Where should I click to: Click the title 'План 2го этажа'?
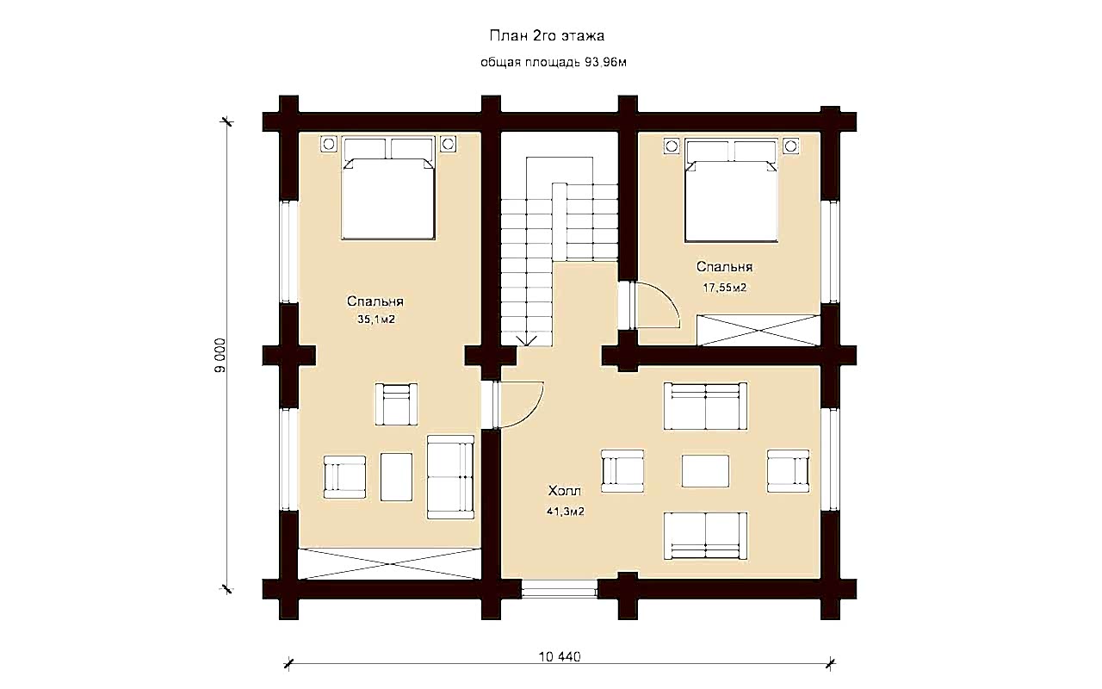[x=547, y=36]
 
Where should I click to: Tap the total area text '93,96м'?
[x=605, y=63]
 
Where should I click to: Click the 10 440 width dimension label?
[x=560, y=656]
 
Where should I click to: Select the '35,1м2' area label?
[x=376, y=320]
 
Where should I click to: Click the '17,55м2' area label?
[x=724, y=288]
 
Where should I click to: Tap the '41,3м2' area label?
[x=566, y=512]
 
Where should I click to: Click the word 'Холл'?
[x=565, y=491]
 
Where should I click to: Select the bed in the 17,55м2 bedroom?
[x=731, y=191]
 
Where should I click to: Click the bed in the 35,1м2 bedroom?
[x=388, y=189]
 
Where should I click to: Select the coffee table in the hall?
[x=705, y=471]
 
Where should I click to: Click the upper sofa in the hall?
[x=705, y=406]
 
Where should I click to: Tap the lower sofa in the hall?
[x=705, y=536]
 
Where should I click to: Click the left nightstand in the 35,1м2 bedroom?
[x=329, y=144]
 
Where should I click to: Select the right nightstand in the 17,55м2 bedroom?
[x=790, y=146]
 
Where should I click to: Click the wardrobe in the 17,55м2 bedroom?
[x=758, y=330]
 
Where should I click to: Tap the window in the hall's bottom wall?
[x=560, y=589]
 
